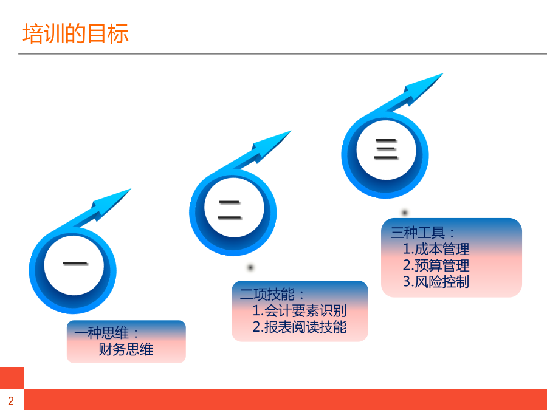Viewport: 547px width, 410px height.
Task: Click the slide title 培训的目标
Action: pos(76,34)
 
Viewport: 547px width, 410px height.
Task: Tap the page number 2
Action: pos(11,401)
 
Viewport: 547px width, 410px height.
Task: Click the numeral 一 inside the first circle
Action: pos(75,264)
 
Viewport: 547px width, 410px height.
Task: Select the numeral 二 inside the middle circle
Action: pos(230,210)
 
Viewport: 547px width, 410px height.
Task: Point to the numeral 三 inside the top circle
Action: pos(386,149)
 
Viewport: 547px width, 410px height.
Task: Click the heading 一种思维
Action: pos(106,333)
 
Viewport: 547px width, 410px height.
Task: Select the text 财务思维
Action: pos(126,349)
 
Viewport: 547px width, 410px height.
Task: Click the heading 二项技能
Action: pos(272,295)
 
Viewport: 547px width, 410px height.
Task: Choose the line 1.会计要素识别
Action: pos(299,310)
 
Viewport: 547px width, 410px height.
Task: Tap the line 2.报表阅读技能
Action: pos(299,327)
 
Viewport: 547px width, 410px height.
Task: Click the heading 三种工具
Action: pos(422,233)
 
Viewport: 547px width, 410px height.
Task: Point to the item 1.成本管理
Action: pos(436,249)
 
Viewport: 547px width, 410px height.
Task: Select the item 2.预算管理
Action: pos(436,265)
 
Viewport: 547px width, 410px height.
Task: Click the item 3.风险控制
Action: pos(436,282)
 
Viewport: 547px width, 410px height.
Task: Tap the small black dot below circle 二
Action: pos(250,267)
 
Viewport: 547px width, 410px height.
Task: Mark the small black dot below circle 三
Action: pos(405,212)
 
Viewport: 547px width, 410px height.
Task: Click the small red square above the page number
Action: pos(12,378)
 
